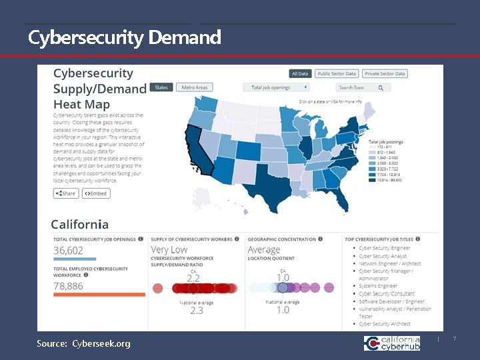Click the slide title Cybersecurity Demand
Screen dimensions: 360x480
click(x=125, y=38)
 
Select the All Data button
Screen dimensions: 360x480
click(x=300, y=74)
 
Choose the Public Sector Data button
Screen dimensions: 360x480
click(x=337, y=74)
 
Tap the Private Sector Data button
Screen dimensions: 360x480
click(x=385, y=74)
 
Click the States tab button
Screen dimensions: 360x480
click(x=161, y=87)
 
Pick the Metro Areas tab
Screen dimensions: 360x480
click(x=195, y=87)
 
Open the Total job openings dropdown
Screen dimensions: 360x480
click(x=279, y=87)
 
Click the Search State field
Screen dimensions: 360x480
click(x=362, y=87)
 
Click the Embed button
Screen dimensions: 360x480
click(x=96, y=193)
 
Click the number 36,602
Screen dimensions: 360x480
click(x=69, y=250)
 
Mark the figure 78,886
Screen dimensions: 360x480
click(x=69, y=285)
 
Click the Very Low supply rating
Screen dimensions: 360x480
click(x=169, y=250)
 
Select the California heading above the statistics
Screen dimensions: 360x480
click(x=79, y=224)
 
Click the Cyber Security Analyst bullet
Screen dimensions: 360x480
click(x=383, y=256)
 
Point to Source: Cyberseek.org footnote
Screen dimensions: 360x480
click(x=84, y=343)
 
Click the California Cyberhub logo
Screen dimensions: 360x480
click(x=392, y=343)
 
